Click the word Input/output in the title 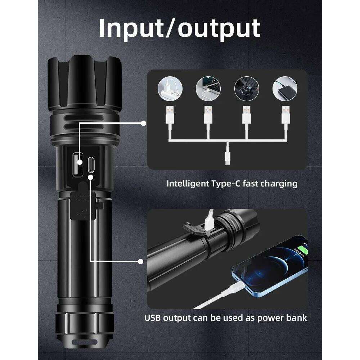(179, 28)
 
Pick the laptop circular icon (208, 88)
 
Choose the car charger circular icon (247, 88)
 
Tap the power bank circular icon (285, 88)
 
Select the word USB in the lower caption (153, 318)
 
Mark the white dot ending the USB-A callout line (143, 123)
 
